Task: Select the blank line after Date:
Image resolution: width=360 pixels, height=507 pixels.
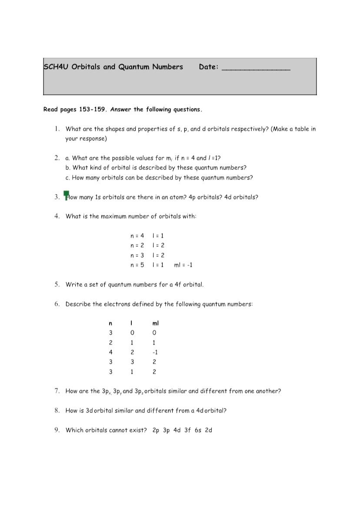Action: pos(256,68)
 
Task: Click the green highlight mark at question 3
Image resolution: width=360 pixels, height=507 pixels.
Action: pos(67,195)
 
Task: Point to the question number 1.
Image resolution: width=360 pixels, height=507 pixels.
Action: pos(57,129)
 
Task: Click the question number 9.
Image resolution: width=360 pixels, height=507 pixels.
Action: pos(57,430)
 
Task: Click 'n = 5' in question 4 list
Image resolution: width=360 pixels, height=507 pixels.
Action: pos(137,265)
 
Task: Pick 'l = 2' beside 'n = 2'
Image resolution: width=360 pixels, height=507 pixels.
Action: pos(158,245)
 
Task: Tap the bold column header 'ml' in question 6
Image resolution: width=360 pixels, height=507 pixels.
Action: pos(156,323)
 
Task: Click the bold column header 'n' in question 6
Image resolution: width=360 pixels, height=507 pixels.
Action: pos(110,323)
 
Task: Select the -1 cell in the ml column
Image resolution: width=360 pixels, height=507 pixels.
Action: pos(155,352)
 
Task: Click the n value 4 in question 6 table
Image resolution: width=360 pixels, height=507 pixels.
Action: pos(111,352)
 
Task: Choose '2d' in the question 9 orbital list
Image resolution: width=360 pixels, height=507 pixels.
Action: pos(208,430)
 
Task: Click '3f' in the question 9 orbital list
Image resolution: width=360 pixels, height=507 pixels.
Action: pos(187,430)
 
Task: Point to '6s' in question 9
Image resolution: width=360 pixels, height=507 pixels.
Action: pos(198,430)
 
